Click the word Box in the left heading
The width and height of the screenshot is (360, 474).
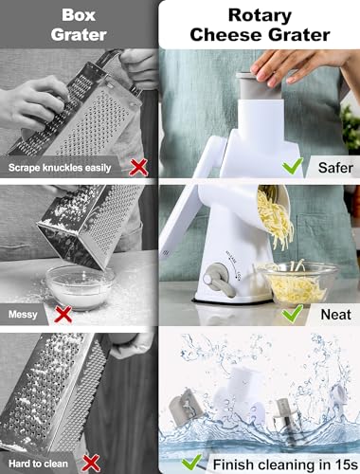tap(79, 15)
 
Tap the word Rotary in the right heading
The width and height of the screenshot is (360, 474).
tap(260, 16)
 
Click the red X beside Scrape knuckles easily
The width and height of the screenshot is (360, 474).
tap(138, 167)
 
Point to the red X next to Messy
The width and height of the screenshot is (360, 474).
tap(63, 314)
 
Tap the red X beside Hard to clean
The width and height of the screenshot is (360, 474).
tap(91, 464)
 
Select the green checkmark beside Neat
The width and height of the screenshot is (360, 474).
tap(293, 314)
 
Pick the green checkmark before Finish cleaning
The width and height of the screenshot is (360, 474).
tap(192, 462)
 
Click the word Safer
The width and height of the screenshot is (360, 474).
tap(335, 168)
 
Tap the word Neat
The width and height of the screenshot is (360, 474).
tap(336, 315)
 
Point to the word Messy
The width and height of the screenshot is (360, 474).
tap(23, 314)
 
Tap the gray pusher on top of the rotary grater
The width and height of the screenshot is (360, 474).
tap(260, 86)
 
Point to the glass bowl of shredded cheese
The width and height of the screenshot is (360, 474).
tap(297, 283)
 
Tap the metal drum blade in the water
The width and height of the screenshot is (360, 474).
tap(283, 419)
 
